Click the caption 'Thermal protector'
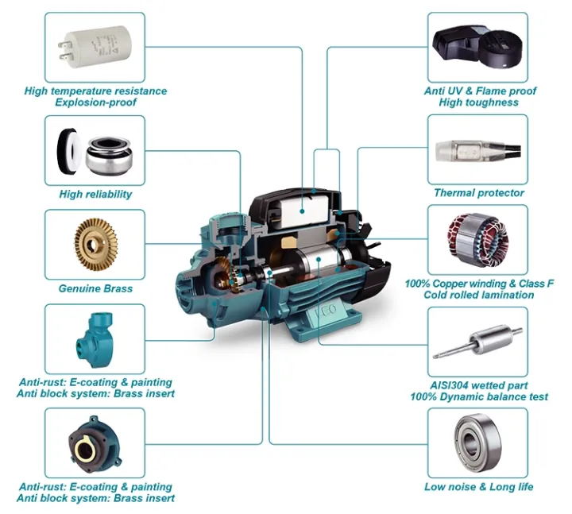[478, 193]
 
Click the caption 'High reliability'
[95, 194]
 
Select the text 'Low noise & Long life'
[478, 486]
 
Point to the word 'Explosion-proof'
[95, 102]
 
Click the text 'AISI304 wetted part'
[477, 385]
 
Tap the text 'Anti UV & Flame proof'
[480, 91]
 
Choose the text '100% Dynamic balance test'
[477, 396]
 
